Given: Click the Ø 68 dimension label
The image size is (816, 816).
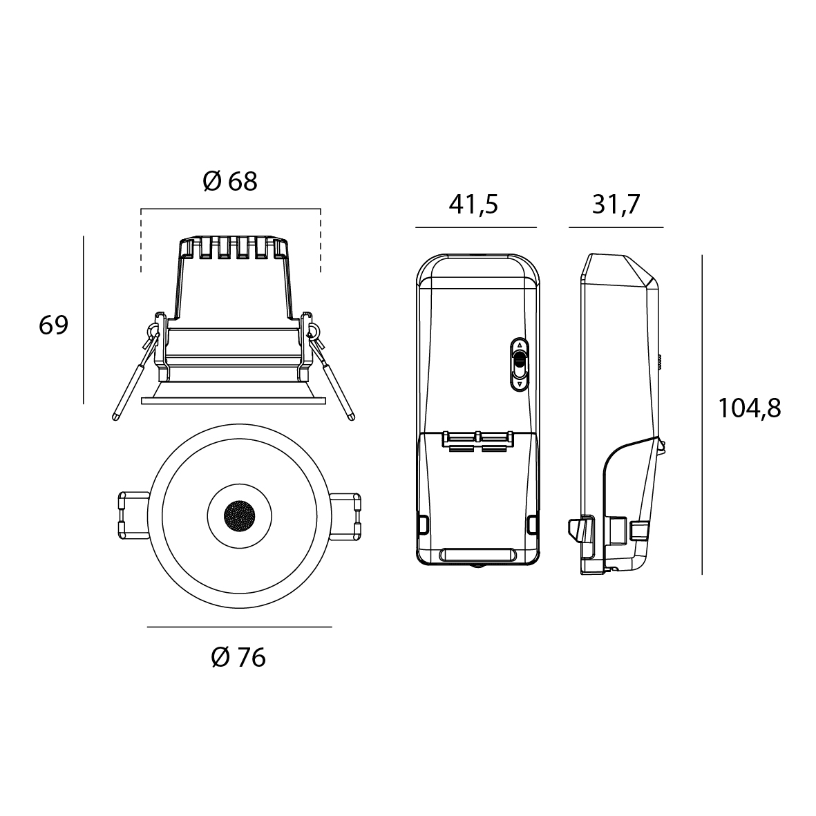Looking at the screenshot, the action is coord(230,182).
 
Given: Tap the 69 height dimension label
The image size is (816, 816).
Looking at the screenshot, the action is coord(54,325).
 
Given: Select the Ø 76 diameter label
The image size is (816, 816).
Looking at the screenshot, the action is coord(238,658).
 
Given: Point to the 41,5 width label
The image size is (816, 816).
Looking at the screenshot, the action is coord(473,205).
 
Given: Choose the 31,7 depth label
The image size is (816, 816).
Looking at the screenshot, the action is coord(616,205).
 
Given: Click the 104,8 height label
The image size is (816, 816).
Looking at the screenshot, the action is coord(750,408).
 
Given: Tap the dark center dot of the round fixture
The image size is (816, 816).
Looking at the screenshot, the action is coord(239,515).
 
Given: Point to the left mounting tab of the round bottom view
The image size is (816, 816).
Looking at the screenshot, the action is coord(134,515).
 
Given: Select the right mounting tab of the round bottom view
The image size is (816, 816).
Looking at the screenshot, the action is coord(345,515).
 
